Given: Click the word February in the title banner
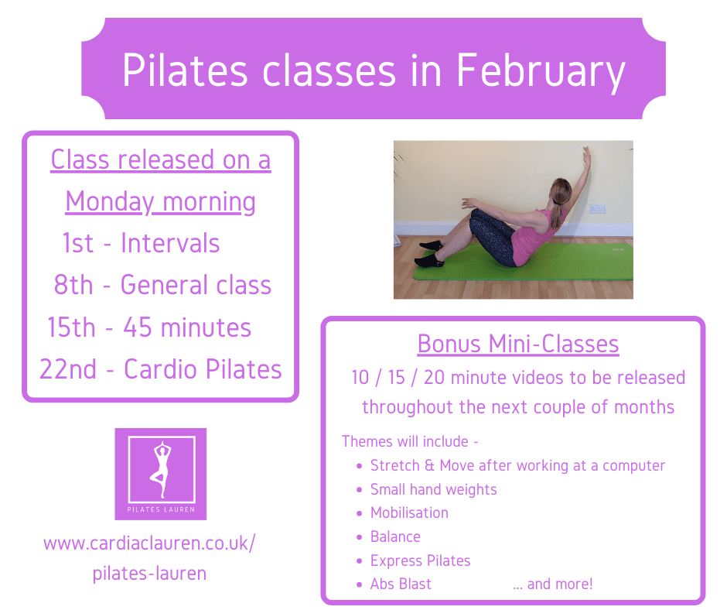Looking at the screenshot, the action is (x=541, y=71).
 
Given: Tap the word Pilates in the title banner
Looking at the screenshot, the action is (x=185, y=70).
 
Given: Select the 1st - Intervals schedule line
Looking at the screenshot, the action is (x=141, y=243).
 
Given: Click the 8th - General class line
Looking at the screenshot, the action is (x=162, y=285).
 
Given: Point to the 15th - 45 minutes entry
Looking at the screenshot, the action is (x=149, y=327).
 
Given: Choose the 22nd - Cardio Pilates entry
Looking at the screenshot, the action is (x=160, y=369).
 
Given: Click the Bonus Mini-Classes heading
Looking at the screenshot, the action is (x=518, y=344).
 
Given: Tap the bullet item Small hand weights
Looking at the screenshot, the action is (x=434, y=489).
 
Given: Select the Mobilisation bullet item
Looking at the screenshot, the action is (x=409, y=512).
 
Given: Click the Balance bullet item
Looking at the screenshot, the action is (x=395, y=536).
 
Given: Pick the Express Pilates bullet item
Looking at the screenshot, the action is (x=420, y=560).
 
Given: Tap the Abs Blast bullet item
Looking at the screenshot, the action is (x=401, y=584).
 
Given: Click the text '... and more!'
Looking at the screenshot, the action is (x=553, y=584).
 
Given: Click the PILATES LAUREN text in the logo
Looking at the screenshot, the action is (x=161, y=509).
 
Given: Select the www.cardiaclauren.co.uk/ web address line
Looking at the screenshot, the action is (x=149, y=543).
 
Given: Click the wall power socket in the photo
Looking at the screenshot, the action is (x=597, y=209).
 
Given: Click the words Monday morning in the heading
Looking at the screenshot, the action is (x=160, y=202).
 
